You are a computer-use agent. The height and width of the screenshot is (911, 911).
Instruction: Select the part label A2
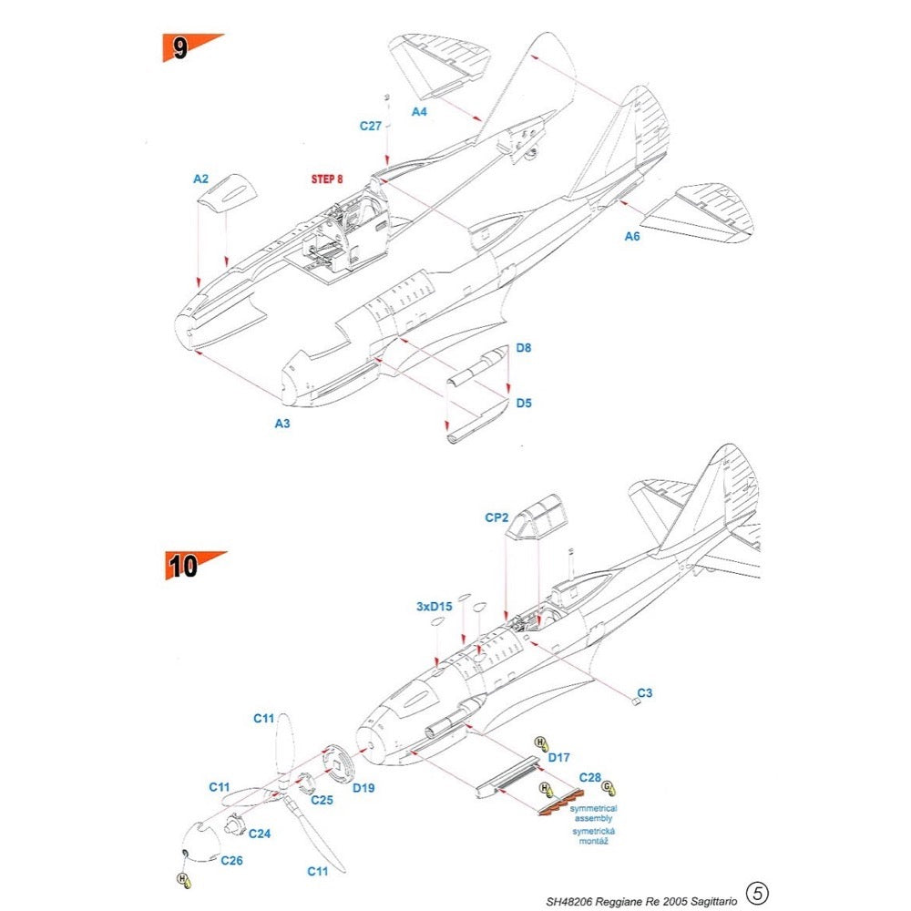click(201, 179)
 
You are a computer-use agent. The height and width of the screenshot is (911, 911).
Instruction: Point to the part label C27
click(370, 127)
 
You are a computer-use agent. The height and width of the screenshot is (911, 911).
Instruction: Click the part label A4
click(419, 111)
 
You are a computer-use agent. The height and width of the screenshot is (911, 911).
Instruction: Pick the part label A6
click(632, 237)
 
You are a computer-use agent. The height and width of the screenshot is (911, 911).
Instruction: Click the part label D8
click(523, 347)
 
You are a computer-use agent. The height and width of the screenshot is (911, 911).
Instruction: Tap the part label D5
click(523, 402)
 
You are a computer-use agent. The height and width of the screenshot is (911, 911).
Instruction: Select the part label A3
click(282, 423)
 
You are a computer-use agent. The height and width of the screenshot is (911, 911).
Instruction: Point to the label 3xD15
click(434, 605)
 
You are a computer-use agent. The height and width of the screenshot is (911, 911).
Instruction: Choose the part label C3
click(644, 693)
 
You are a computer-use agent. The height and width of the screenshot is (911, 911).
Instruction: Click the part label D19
click(363, 786)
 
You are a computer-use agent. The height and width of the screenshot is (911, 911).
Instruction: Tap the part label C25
click(321, 800)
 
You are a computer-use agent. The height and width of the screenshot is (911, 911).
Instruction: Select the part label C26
click(231, 860)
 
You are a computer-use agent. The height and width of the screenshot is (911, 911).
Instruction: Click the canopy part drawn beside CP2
click(537, 517)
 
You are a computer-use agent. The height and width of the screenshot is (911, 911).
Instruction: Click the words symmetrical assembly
click(593, 814)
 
